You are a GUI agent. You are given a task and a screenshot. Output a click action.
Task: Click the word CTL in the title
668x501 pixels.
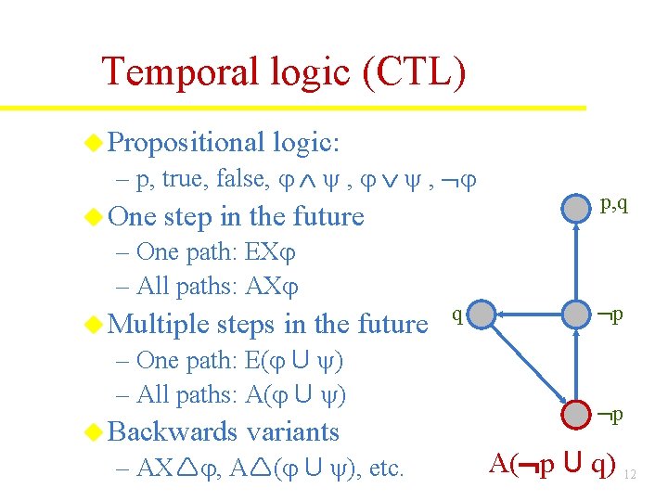(414, 72)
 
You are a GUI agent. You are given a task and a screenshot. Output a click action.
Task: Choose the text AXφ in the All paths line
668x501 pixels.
(277, 287)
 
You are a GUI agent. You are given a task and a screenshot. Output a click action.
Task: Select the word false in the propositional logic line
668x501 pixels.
(241, 179)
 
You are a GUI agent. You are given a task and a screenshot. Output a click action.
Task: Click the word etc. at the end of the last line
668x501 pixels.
(386, 468)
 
